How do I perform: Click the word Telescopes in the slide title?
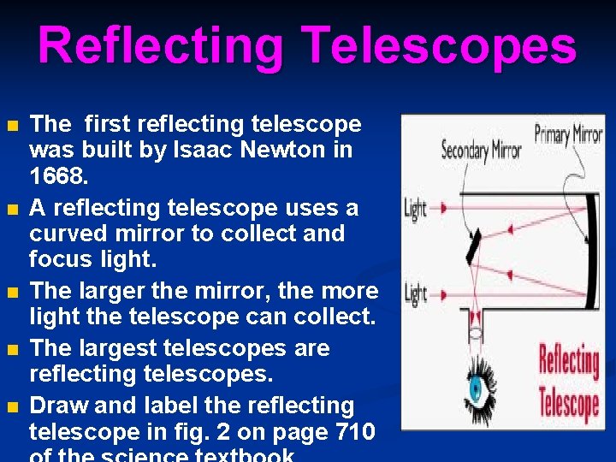pos(440,47)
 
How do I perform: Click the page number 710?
pos(351,431)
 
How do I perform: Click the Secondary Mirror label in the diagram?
pos(481,151)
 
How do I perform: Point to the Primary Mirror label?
pos(569,134)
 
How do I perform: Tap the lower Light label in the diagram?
pos(415,294)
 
